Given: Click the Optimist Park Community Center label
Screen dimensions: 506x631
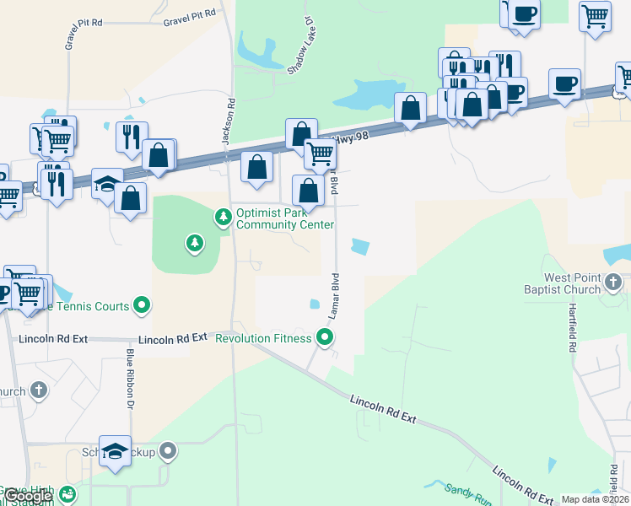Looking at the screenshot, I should click(285, 218).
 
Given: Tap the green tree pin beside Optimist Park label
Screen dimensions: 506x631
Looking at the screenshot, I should click(224, 218).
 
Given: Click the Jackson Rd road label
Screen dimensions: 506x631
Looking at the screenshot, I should click(227, 123).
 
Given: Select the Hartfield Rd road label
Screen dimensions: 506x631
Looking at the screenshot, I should click(573, 325).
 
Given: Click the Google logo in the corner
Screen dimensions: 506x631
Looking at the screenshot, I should click(27, 495).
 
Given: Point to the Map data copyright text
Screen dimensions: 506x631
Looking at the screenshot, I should click(595, 499).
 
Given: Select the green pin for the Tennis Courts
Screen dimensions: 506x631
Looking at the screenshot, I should click(142, 306).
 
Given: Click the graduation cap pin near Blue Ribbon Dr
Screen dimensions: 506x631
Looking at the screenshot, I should click(116, 452).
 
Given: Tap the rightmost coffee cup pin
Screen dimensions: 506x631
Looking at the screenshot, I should click(564, 84).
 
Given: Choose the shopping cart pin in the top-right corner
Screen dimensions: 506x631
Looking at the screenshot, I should click(595, 16).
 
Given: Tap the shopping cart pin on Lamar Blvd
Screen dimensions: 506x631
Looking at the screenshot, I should click(320, 154).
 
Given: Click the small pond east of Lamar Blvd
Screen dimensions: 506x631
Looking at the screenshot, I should click(360, 247).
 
